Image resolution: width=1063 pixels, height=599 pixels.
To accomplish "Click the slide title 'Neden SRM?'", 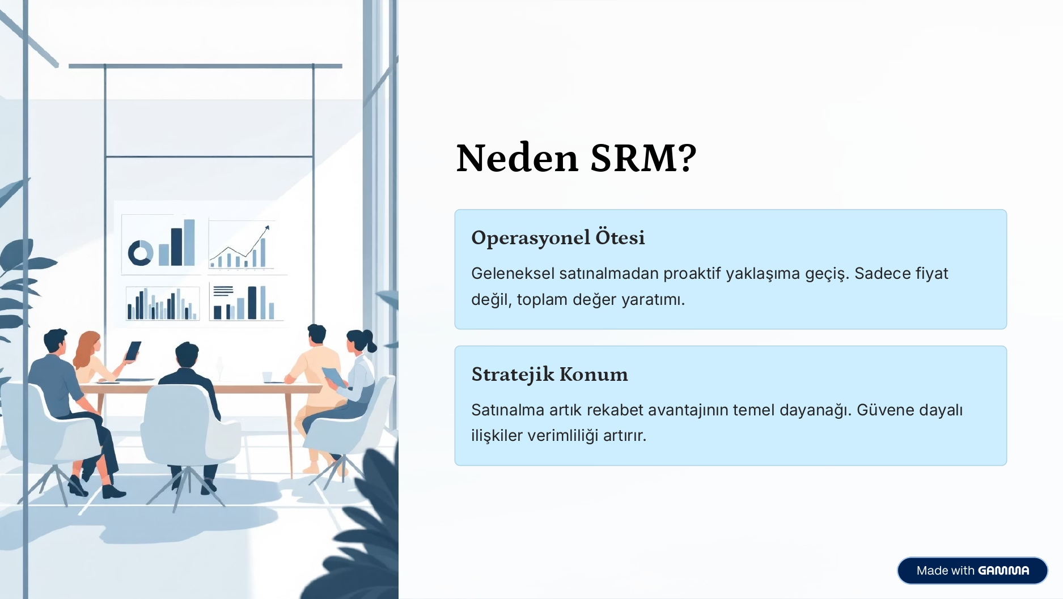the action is click(576, 158).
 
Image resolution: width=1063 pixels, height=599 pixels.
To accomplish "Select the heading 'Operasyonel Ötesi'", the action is click(558, 237).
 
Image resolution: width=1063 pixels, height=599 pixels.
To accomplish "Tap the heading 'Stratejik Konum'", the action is click(549, 374).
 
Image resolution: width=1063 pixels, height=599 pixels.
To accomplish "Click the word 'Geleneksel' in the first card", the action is click(513, 273).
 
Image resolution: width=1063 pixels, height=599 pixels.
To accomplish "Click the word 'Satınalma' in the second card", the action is click(507, 410).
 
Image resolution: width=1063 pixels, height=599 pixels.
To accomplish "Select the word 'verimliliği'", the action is click(562, 436).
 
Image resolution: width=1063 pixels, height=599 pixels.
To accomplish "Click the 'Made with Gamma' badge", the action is click(972, 571).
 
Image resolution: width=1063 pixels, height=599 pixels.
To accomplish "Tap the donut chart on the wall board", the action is click(140, 253).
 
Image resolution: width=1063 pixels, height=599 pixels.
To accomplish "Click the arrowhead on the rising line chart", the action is click(267, 228).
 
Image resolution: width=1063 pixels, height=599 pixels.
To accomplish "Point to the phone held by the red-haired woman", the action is click(133, 351).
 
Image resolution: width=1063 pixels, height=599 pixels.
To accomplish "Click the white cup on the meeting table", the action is click(267, 377).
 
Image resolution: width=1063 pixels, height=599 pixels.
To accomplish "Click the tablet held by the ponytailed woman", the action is click(332, 375).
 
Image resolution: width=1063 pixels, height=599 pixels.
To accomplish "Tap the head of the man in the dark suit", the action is click(187, 355).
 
